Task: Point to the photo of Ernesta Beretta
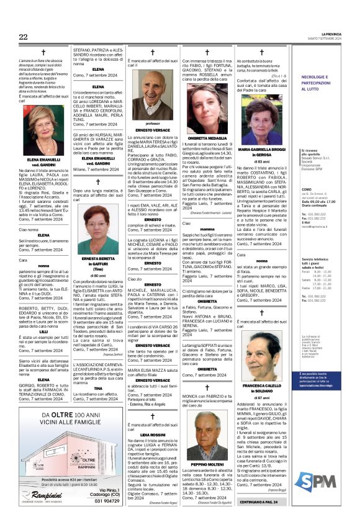(x=94, y=234)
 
